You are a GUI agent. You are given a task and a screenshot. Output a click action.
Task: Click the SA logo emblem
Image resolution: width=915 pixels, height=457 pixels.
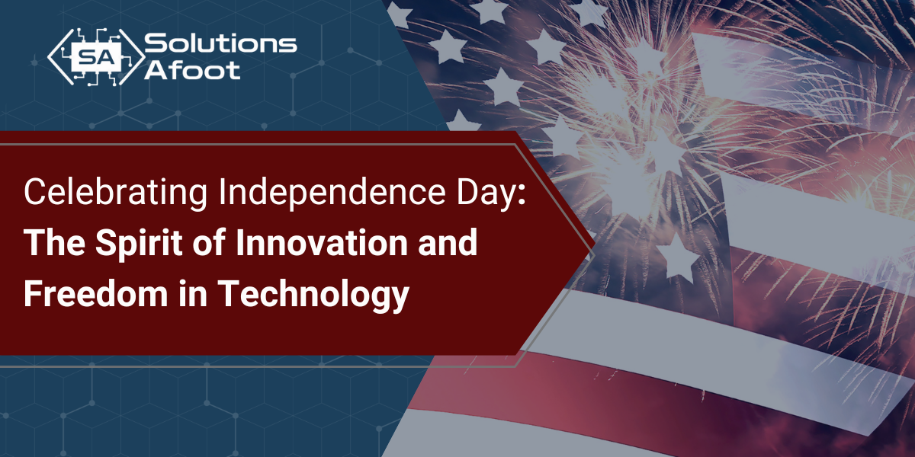pyautogui.click(x=95, y=55)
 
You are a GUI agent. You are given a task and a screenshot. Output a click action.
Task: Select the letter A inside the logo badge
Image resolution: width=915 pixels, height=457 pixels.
pyautogui.click(x=104, y=55)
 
